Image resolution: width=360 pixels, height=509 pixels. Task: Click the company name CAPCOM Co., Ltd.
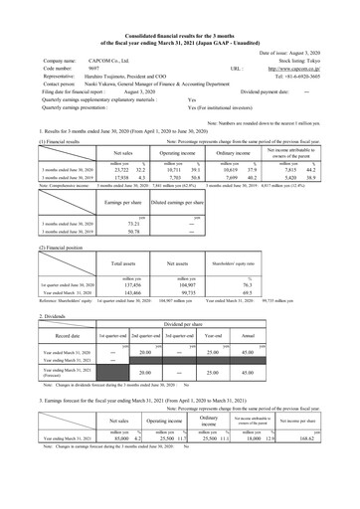point(109,59)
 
